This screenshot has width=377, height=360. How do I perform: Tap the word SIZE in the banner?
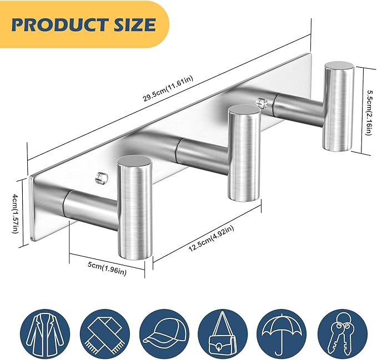click(134, 24)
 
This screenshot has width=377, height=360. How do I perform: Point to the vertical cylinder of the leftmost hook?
click(134, 211)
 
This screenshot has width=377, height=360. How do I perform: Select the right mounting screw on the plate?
click(261, 102)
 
